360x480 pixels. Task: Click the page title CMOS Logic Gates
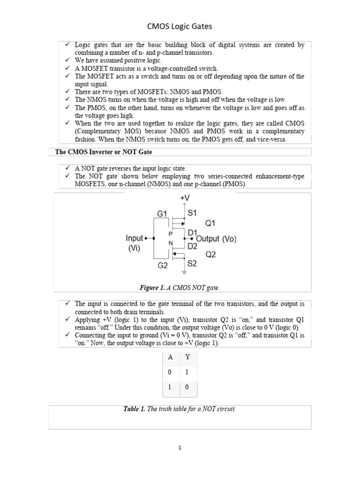click(x=180, y=27)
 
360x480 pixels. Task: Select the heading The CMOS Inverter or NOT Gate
click(x=104, y=152)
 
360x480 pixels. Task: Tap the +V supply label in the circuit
click(x=185, y=199)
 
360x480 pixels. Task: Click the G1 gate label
click(x=162, y=214)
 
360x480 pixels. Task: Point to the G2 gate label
click(x=162, y=265)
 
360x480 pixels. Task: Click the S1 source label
click(x=192, y=213)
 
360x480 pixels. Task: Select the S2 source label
click(x=192, y=263)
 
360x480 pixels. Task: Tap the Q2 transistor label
click(x=211, y=255)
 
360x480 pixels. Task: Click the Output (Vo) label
click(x=216, y=239)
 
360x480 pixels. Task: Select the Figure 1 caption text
click(x=180, y=287)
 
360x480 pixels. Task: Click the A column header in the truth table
click(x=171, y=357)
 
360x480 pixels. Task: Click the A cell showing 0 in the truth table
click(x=171, y=372)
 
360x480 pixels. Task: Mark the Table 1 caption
click(x=180, y=409)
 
